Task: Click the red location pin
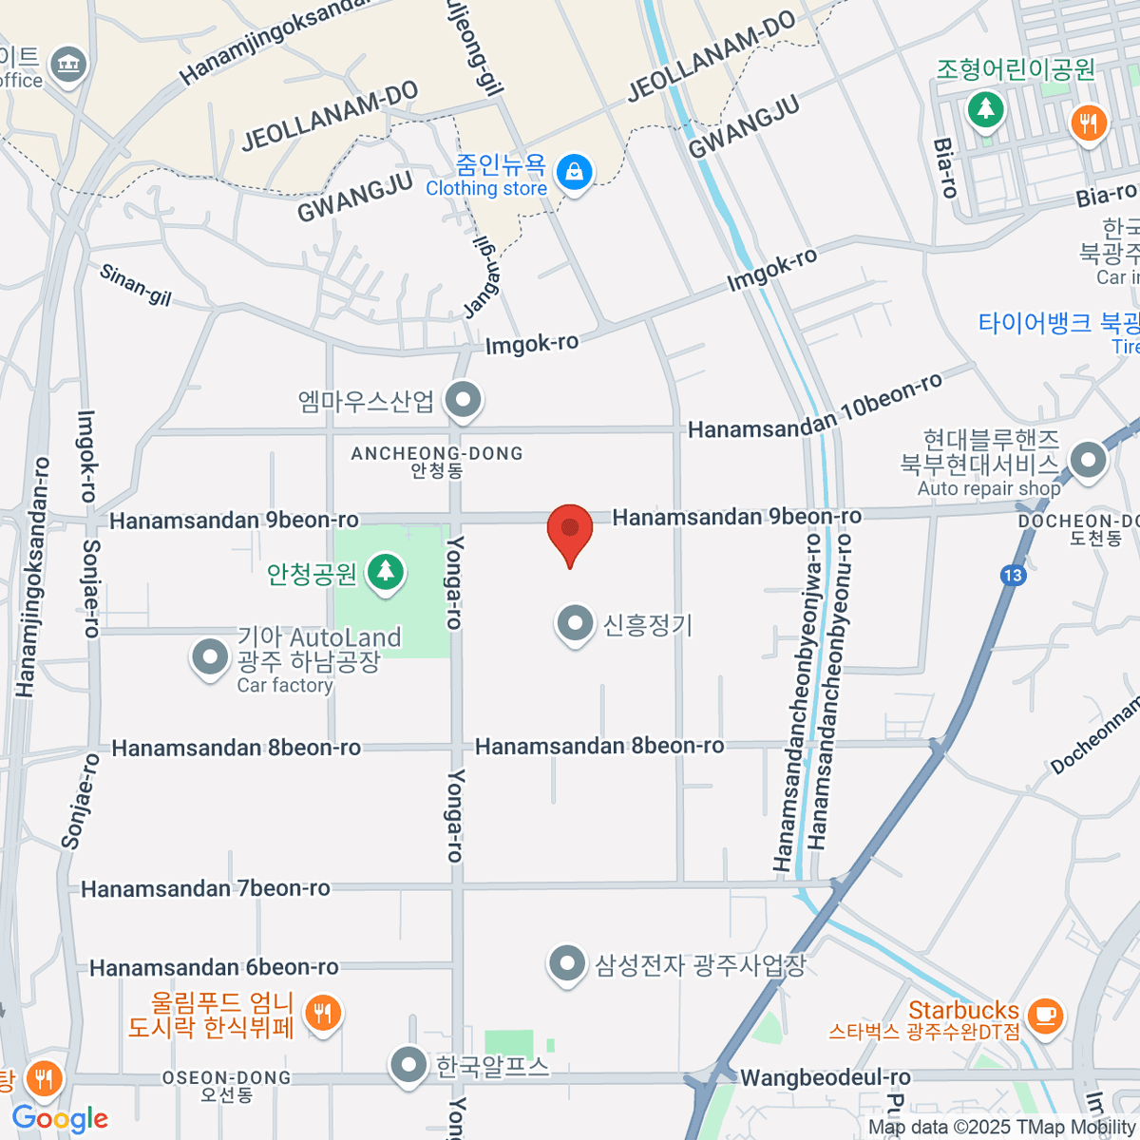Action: [x=570, y=530]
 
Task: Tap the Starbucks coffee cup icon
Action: [x=1045, y=1014]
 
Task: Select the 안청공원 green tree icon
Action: [x=385, y=572]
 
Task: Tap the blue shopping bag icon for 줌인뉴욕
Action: [x=574, y=173]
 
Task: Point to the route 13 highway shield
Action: [x=1012, y=575]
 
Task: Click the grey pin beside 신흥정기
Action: [x=574, y=624]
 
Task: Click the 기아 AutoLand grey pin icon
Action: [x=209, y=656]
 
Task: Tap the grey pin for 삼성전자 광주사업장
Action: [x=567, y=964]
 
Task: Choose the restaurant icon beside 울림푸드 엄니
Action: [x=324, y=1014]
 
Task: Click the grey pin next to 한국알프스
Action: [x=408, y=1065]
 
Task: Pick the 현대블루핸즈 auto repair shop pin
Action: [x=1088, y=462]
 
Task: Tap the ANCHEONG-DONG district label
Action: [x=437, y=454]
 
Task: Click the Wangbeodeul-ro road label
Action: [x=825, y=1077]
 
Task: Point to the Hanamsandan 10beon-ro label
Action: [x=815, y=410]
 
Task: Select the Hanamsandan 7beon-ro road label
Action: [x=205, y=889]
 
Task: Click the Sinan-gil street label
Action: [x=136, y=285]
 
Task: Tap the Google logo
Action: [x=60, y=1118]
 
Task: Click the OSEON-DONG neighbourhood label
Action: [x=226, y=1078]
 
